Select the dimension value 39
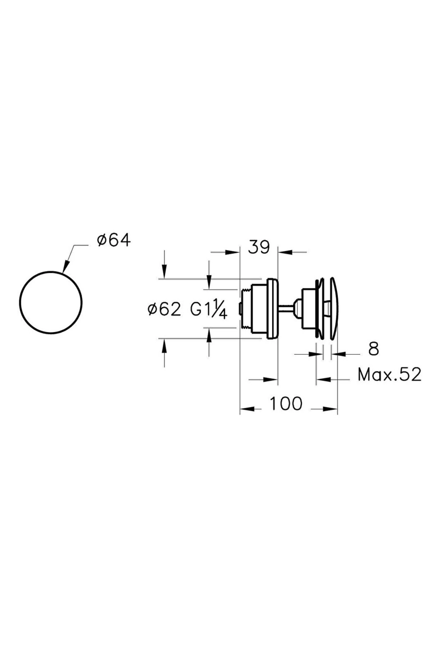pos(259,248)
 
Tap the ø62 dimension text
pos(164,309)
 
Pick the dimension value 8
pos(374,349)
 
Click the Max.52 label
pos(390,375)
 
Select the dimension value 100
pos(286,404)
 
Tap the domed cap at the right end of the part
pos(334,308)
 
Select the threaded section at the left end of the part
pos(246,308)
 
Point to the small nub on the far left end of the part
pos(240,308)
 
